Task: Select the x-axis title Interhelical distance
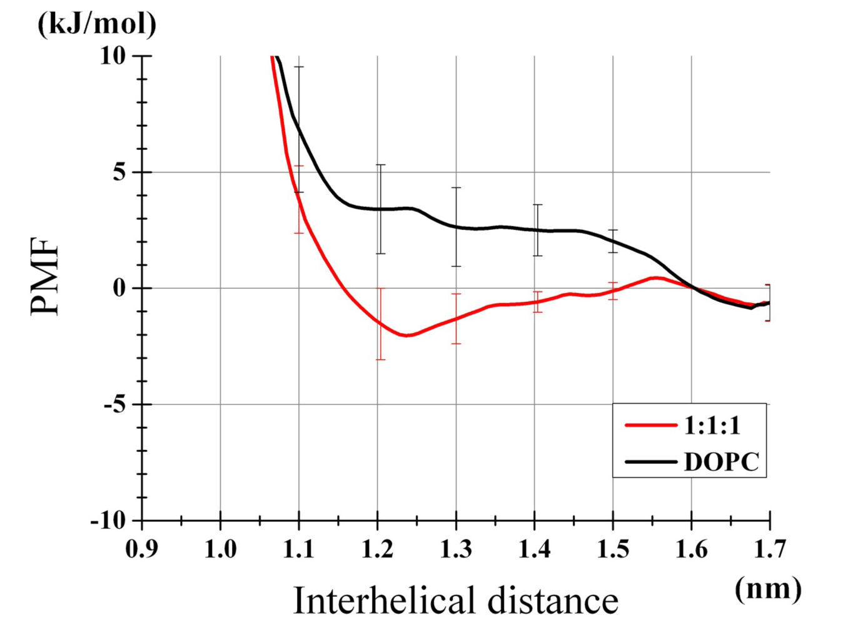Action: tap(455, 600)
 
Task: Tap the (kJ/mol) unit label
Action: tap(97, 25)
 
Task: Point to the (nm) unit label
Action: tap(768, 588)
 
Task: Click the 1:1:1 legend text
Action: tap(712, 426)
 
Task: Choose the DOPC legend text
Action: tap(722, 462)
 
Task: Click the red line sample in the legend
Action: tap(650, 426)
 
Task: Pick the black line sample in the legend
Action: tap(650, 462)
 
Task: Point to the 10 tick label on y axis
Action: tap(113, 56)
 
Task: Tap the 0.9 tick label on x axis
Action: tap(142, 549)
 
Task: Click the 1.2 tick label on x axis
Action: tap(378, 549)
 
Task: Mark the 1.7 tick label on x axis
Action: tap(769, 549)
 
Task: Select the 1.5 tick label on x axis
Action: tap(613, 549)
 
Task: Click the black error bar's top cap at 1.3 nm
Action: tap(456, 187)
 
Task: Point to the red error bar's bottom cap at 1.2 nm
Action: tap(380, 359)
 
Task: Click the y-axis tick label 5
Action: tap(119, 172)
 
